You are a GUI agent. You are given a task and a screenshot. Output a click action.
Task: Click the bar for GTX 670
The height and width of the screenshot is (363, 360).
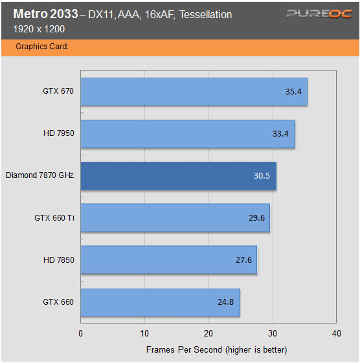(194, 91)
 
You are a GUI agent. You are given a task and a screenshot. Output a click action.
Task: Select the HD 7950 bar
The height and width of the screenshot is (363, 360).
(188, 134)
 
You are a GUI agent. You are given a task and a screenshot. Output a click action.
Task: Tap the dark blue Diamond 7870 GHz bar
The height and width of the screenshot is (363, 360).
(178, 176)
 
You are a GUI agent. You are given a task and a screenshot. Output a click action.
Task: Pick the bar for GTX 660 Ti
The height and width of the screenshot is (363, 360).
(175, 218)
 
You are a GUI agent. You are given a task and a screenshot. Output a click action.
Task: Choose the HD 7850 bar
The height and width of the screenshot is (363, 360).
(168, 260)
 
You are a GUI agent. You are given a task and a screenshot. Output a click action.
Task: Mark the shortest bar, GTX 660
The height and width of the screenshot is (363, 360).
(160, 302)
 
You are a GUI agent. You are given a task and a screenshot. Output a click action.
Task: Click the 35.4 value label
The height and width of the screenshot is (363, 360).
(294, 92)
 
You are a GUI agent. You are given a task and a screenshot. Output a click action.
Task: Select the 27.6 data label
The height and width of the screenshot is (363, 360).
(244, 260)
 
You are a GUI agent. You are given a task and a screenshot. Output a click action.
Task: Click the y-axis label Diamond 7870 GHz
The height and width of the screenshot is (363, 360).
(39, 175)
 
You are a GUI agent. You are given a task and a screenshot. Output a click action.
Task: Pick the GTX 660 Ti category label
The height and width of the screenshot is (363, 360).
(54, 218)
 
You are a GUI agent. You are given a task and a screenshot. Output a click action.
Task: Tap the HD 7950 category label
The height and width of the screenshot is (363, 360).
(58, 133)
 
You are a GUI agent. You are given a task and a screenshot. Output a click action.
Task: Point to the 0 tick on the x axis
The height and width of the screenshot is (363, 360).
(80, 334)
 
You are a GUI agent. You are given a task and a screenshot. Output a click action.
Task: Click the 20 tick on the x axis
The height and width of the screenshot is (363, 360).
(208, 334)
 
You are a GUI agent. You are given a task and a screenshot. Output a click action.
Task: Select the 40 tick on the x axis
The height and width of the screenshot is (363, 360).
(335, 334)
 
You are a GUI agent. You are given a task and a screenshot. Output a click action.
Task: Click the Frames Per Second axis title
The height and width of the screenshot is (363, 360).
(216, 349)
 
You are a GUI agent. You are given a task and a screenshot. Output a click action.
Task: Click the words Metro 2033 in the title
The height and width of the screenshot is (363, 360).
(43, 14)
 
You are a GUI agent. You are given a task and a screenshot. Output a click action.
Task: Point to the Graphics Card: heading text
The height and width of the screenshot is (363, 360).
(42, 47)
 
